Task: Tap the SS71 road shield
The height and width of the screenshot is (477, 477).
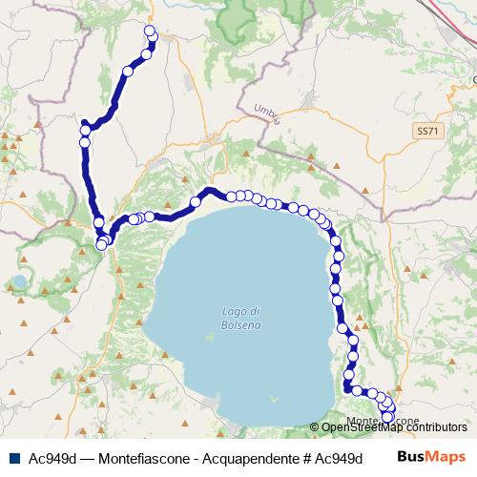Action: (425, 129)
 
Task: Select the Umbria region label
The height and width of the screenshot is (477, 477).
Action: (267, 114)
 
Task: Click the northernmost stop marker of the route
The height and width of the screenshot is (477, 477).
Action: (149, 31)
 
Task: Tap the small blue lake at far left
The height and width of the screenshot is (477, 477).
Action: (19, 282)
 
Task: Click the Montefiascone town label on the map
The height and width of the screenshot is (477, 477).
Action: (382, 421)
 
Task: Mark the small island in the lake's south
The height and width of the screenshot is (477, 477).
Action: (276, 398)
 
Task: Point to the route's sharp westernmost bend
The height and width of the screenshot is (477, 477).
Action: (85, 124)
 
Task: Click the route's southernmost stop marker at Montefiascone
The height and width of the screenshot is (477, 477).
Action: (387, 417)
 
